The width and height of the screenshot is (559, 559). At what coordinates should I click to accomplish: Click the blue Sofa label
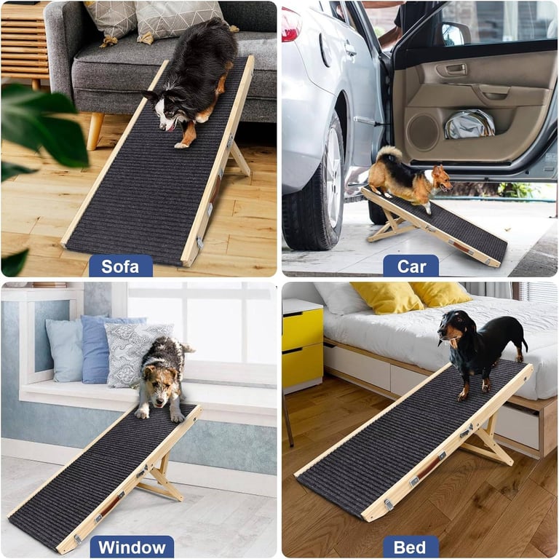pos(120,266)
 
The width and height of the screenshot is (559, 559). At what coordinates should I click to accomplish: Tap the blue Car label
pos(411,266)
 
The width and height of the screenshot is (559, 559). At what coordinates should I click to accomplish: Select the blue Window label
pos(132,547)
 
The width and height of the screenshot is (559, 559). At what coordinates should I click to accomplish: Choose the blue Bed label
pos(411,547)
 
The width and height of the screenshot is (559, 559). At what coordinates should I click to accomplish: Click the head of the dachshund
pos(450,328)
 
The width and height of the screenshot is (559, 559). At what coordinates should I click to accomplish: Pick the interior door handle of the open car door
pos(456,70)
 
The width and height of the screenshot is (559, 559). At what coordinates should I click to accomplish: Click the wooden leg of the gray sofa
pos(95,131)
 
